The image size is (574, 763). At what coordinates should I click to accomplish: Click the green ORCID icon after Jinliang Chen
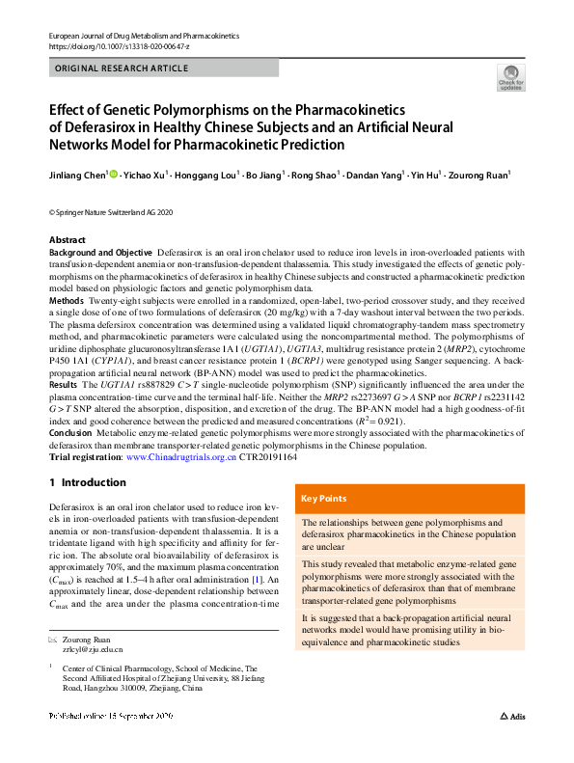pos(115,175)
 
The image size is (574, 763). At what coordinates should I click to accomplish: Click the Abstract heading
pos(68,239)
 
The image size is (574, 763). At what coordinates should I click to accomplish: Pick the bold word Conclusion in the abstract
pos(71,436)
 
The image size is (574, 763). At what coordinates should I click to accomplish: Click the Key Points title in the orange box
pos(324,499)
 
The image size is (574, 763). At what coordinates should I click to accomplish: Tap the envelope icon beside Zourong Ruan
pos(53,640)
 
